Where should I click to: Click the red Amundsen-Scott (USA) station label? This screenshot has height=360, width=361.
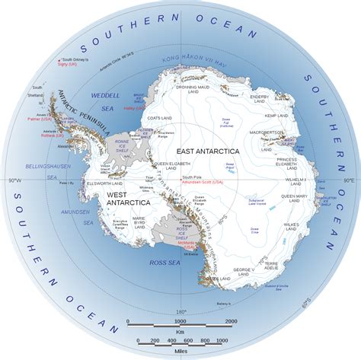tap(206, 183)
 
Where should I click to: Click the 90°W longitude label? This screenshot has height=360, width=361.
tap(13, 180)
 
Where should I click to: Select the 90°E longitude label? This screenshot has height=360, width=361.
tap(348, 180)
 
